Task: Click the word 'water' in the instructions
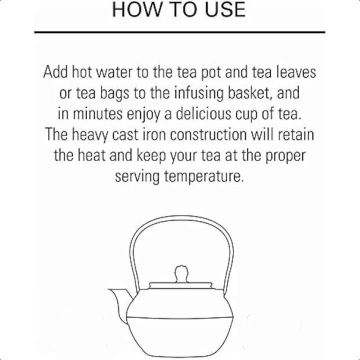coord(114,72)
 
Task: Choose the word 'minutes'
coord(97,114)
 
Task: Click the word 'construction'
coord(208,135)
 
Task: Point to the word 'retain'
coord(296,135)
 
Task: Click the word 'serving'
coord(137,177)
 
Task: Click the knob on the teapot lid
coord(181,273)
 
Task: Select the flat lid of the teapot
coord(180,285)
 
